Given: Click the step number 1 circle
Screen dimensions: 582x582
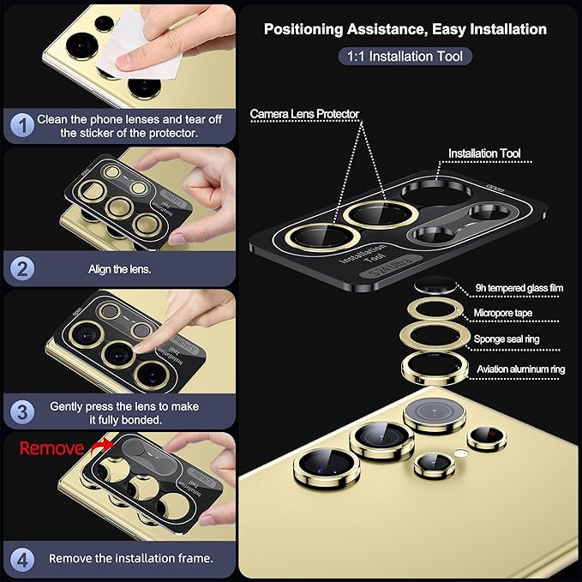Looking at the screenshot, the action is click(x=22, y=125).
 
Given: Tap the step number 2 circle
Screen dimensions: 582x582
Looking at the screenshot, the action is click(x=22, y=269).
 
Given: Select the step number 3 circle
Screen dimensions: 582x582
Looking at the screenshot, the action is click(x=22, y=412).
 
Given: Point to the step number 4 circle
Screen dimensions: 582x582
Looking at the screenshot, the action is click(x=22, y=559).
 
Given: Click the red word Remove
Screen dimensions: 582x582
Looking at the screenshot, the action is click(x=51, y=448).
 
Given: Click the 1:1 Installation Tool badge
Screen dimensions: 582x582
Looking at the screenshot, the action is click(x=405, y=57).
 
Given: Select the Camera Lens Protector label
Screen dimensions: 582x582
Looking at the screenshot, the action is click(x=304, y=114).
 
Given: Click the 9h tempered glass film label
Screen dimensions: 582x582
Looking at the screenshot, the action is click(x=519, y=288).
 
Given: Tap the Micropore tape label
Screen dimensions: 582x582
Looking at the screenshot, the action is click(x=503, y=313).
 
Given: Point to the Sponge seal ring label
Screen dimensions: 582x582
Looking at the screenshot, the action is click(x=507, y=339).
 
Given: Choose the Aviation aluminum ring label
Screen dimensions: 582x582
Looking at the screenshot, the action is click(x=521, y=369).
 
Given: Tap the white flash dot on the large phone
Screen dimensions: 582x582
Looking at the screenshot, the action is click(x=460, y=453).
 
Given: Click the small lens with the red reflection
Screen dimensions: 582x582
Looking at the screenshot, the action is click(x=487, y=438).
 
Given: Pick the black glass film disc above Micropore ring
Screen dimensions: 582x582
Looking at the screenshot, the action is click(x=435, y=285).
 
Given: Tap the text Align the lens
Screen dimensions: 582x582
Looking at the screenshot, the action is click(x=119, y=269).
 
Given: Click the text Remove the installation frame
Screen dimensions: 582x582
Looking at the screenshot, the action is click(x=131, y=558).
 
